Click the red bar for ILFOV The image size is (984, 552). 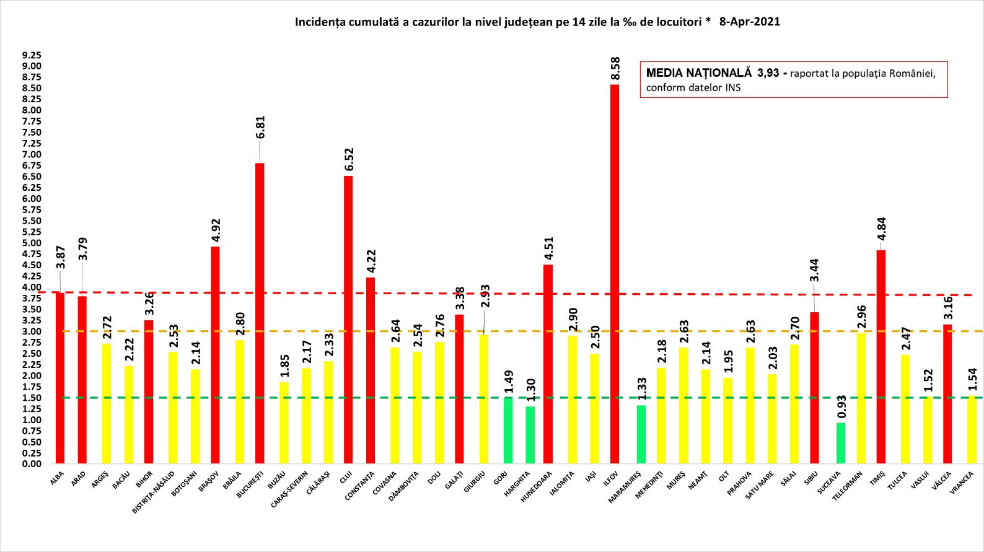coord(614,274)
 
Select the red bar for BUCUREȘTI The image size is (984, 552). coord(260,313)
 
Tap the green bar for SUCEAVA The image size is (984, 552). coord(840,443)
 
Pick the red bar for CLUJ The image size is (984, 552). coord(348,320)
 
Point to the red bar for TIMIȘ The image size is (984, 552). coord(881,357)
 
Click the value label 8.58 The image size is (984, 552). coord(614,69)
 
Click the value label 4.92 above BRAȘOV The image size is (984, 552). coord(216,230)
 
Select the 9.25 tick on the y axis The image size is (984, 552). coord(32,55)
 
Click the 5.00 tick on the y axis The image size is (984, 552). coord(32,243)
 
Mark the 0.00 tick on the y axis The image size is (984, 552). coord(32,464)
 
